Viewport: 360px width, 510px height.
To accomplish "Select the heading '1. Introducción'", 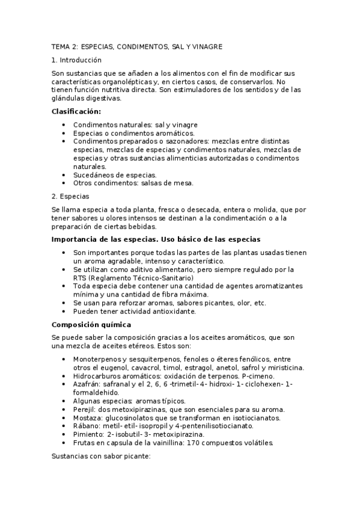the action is coord(76,60).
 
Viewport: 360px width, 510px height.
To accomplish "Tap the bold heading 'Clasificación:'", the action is coord(76,111).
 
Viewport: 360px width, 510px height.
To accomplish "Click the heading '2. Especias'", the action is coord(70,197).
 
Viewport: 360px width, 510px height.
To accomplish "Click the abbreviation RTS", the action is coord(80,278).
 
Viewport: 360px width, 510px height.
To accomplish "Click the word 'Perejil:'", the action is coord(86,409).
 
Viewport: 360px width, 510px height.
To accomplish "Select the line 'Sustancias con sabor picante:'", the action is coord(100,456).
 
